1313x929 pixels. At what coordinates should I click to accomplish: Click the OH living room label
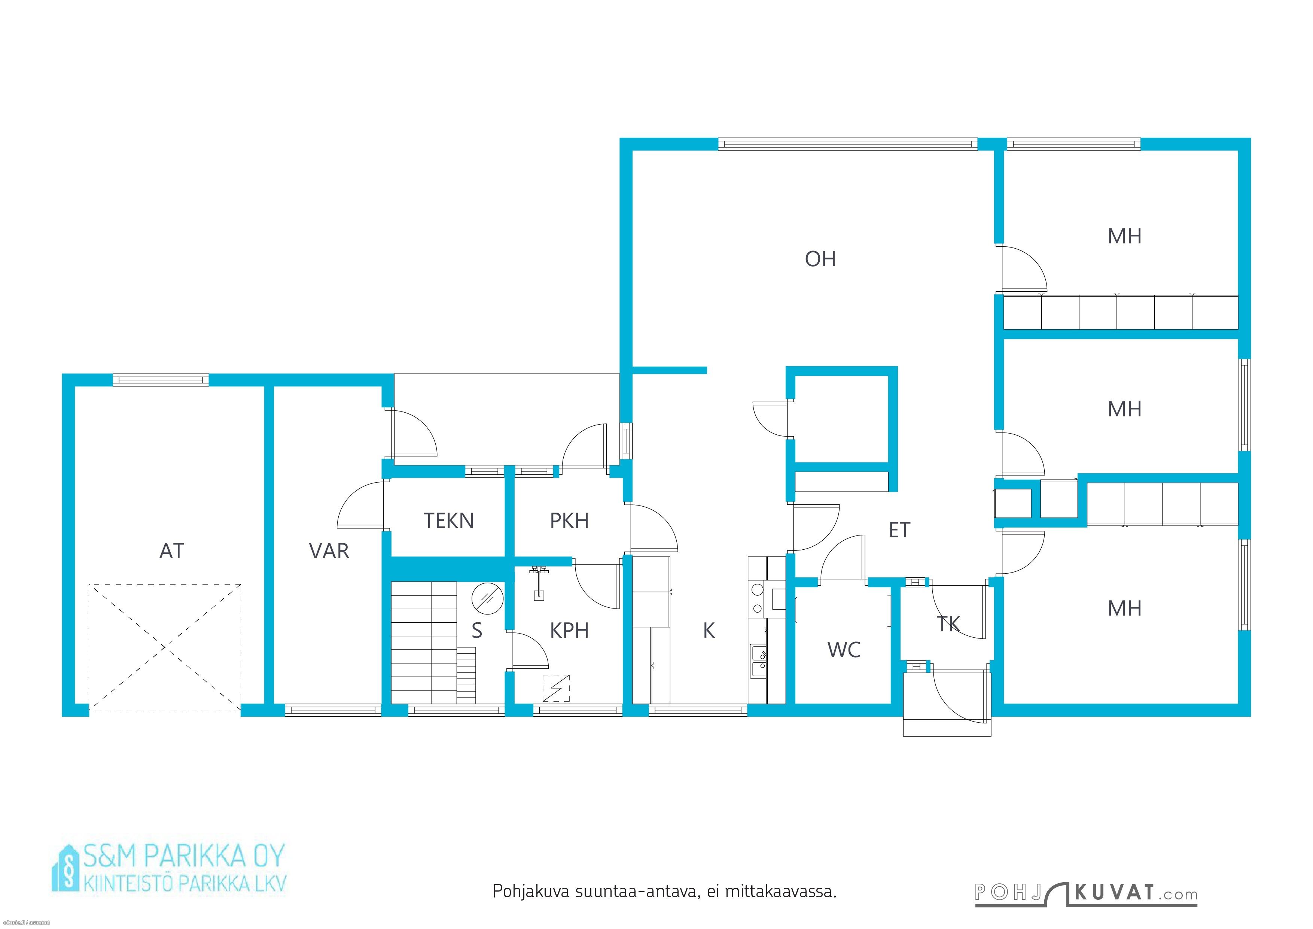(x=820, y=259)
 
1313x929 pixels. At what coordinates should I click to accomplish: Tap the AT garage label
(x=171, y=551)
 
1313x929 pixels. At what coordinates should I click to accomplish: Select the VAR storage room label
(x=329, y=551)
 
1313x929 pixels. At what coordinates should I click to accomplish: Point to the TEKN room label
(x=448, y=520)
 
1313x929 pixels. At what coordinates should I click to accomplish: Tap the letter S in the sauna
(x=477, y=631)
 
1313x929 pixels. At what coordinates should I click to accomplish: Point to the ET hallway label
(x=899, y=530)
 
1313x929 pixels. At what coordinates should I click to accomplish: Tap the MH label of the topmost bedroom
(x=1124, y=236)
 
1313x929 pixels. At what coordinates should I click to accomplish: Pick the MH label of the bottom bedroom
(x=1124, y=608)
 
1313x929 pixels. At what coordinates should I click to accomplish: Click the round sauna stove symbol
(x=487, y=598)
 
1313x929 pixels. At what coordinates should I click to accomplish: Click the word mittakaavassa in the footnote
(x=781, y=891)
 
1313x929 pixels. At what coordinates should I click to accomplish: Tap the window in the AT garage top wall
(x=161, y=380)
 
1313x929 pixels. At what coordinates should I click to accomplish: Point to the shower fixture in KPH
(x=538, y=582)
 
